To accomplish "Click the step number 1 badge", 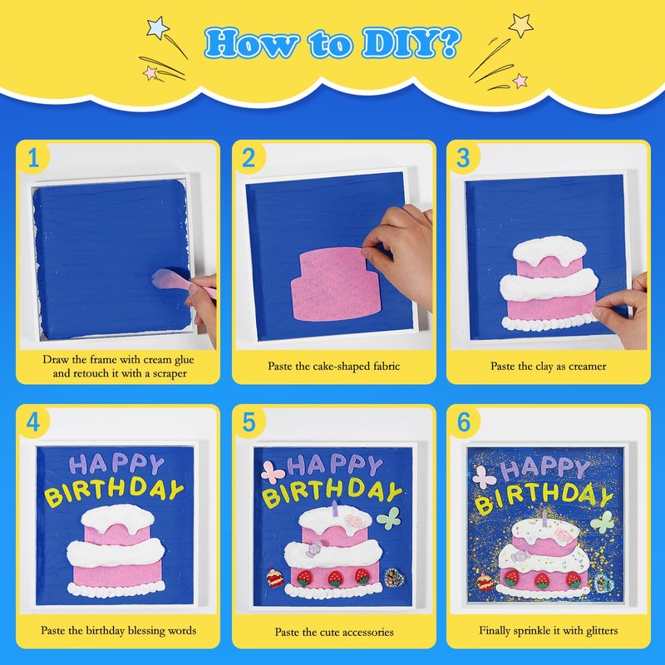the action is point(33,158).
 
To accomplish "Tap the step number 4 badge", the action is point(33,422).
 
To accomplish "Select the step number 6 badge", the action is point(464,422).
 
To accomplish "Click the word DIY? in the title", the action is point(411,43).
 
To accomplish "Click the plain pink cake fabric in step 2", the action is point(334,284).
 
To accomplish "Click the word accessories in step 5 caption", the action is point(368,632).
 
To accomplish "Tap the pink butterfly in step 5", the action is point(273,472).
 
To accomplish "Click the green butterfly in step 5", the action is point(388,518).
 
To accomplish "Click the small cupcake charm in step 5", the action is point(275,577).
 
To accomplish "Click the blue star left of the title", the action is point(158,27).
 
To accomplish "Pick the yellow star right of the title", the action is point(521,25).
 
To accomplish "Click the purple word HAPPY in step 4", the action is point(116,465).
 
